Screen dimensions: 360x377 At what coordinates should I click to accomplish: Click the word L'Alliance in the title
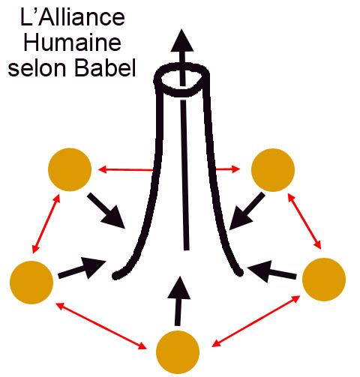[x=73, y=17]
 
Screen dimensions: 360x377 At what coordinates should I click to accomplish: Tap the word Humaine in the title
[x=73, y=43]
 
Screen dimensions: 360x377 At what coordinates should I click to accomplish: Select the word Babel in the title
[x=106, y=67]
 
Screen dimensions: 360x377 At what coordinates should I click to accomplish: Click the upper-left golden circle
[x=70, y=169]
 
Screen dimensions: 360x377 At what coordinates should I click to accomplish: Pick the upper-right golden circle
[x=273, y=170]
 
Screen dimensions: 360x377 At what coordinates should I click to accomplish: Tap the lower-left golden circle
[x=31, y=283]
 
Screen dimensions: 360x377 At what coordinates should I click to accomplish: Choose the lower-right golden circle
[x=324, y=280]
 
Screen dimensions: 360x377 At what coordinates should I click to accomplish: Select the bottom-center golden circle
[x=178, y=352]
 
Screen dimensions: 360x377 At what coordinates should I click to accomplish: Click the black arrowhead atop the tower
[x=182, y=40]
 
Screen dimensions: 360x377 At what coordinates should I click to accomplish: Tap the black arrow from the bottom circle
[x=178, y=301]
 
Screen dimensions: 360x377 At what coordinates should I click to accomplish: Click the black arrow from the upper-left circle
[x=106, y=211]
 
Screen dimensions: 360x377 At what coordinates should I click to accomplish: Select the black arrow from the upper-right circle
[x=247, y=211]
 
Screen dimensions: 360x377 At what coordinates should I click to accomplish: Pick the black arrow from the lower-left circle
[x=82, y=268]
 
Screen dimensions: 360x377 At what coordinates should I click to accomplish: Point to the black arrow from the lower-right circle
[x=271, y=271]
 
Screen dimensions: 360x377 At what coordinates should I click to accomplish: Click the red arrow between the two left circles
[x=46, y=224]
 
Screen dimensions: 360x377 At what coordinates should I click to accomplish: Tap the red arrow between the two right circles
[x=304, y=221]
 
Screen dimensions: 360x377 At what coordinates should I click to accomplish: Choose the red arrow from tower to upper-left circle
[x=126, y=170]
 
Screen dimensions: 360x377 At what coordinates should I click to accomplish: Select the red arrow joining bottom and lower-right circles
[x=256, y=321]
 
